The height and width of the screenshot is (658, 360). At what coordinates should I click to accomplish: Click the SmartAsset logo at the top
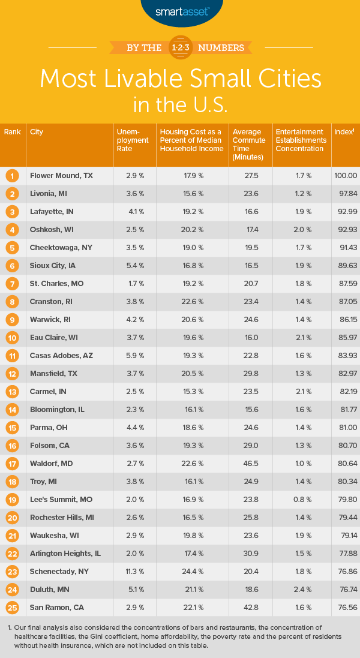180,10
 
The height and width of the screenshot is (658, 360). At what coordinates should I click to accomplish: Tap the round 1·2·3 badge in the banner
180,47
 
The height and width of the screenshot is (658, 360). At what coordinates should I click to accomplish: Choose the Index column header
344,131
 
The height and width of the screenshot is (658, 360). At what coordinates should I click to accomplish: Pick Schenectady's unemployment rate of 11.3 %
128,572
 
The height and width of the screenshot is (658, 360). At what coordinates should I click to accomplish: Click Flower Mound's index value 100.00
346,176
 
